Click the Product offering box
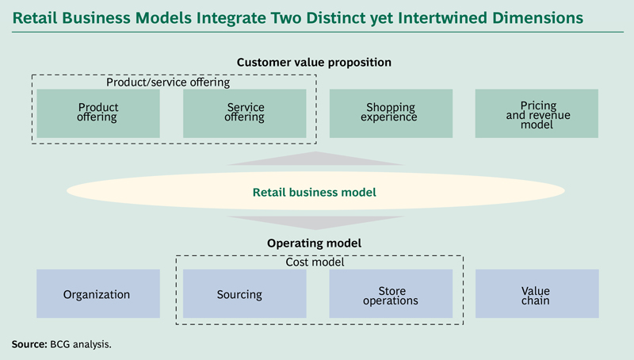pyautogui.click(x=98, y=113)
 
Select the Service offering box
pyautogui.click(x=245, y=113)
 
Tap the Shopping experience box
pyautogui.click(x=391, y=113)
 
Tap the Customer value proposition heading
pyautogui.click(x=314, y=62)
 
